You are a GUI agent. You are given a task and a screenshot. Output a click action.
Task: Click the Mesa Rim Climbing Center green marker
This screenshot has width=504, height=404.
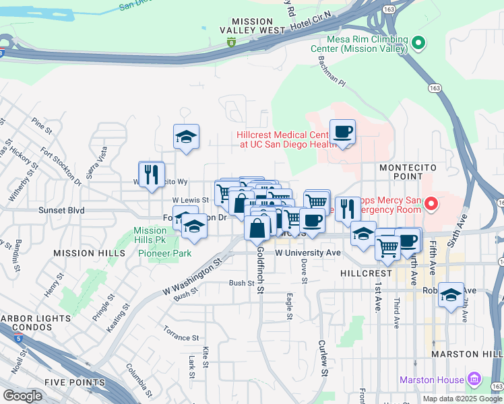(x=418, y=43)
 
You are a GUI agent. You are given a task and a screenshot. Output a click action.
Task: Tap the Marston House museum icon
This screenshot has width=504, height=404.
(x=474, y=380)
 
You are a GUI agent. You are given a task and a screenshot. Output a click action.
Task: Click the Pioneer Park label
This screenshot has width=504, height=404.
(x=164, y=253)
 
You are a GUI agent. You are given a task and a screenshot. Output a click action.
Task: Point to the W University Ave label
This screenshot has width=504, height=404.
(x=308, y=252)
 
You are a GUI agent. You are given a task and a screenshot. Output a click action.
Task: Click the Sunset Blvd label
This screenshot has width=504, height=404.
(x=61, y=211)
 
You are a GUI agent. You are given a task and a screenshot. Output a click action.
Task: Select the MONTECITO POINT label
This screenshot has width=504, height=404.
(x=408, y=172)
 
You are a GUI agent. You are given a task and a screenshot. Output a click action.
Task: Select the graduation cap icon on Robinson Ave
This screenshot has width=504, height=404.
(x=451, y=294)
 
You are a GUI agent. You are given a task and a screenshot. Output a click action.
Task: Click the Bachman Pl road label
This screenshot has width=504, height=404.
(x=331, y=71)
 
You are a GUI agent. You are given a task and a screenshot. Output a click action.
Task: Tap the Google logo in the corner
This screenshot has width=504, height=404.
(x=22, y=395)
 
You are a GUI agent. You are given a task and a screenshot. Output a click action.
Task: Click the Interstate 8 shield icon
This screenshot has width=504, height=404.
(x=231, y=43)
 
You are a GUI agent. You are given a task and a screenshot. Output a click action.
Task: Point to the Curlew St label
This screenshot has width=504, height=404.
(x=323, y=361)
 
